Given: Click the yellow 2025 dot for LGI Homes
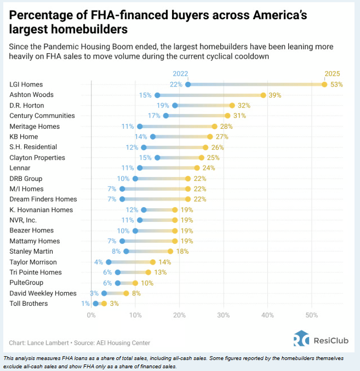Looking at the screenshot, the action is click(324, 84).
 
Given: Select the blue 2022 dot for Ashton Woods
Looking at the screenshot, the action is click(157, 95).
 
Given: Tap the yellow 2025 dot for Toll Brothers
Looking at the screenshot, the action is click(104, 304).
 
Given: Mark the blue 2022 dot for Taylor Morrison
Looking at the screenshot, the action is click(108, 262).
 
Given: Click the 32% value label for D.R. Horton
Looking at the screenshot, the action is click(244, 106).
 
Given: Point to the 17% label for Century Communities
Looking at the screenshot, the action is click(154, 116).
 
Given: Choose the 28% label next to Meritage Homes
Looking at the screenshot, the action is click(226, 127).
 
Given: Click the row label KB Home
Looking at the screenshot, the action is click(24, 137).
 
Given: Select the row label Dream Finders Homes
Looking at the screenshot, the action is click(43, 199).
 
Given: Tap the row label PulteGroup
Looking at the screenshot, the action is click(26, 283).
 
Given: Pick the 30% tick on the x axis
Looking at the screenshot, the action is click(224, 315).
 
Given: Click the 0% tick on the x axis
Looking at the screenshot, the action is click(91, 315).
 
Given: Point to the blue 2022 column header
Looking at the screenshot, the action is click(180, 74).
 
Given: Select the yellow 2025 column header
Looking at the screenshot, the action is click(332, 74).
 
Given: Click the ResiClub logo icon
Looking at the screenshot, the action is click(301, 338).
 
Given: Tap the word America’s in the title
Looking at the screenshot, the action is click(280, 15).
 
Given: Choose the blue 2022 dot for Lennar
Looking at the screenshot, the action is click(140, 168).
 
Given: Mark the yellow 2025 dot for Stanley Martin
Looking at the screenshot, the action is click(170, 252).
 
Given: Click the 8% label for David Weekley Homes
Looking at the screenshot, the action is click(136, 293).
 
